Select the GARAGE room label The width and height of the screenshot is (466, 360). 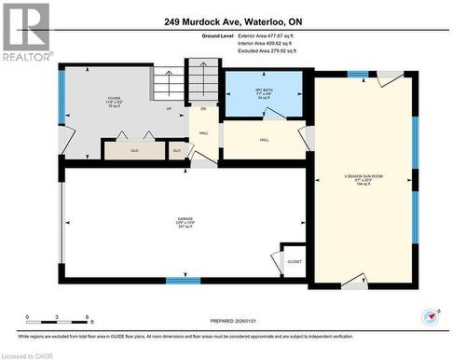click(x=185, y=222)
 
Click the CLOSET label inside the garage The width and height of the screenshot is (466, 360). click(x=295, y=262)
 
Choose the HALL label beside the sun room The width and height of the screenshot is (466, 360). click(x=264, y=140)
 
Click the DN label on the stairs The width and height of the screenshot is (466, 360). click(x=203, y=108)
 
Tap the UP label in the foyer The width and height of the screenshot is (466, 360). click(x=170, y=108)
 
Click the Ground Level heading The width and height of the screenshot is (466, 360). click(x=189, y=34)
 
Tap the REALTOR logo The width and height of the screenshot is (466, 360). click(x=26, y=33)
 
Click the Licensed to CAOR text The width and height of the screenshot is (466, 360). click(x=31, y=354)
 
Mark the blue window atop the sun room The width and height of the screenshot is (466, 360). click(x=358, y=74)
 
